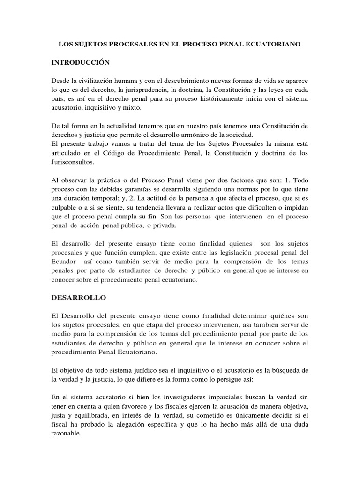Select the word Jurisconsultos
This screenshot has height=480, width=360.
[x=75, y=162]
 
